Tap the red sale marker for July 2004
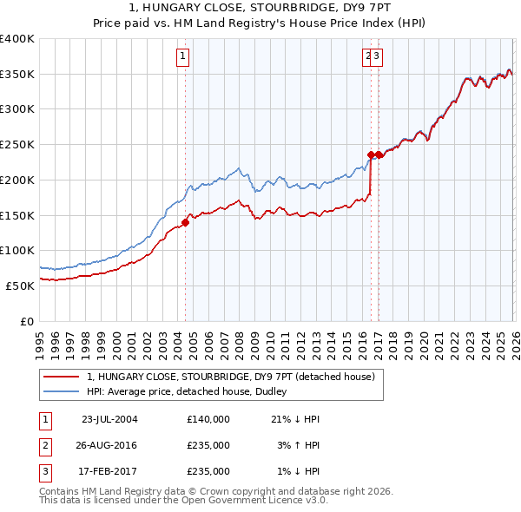click(185, 222)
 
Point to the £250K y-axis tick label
click(17, 144)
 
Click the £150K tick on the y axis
click(17, 214)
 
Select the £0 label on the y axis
click(26, 320)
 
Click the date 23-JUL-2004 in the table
click(109, 419)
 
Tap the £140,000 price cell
click(208, 419)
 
